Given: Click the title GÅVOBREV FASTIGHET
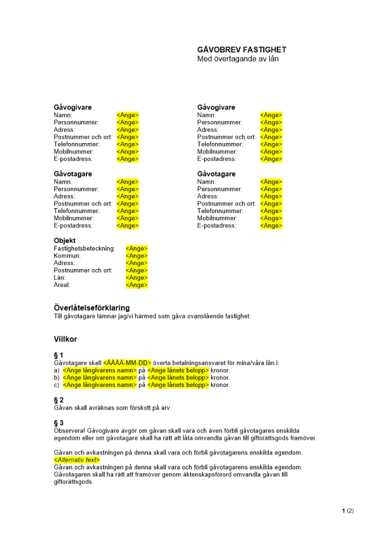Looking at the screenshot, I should pos(242,50).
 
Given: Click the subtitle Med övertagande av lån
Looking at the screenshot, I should pos(238,59).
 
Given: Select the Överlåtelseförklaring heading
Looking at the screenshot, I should pos(92,308).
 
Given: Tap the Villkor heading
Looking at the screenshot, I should pos(66,339).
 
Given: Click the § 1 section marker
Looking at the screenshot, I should pos(59,355).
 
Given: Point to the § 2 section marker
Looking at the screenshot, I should pos(59,400).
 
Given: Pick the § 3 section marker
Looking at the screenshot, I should pos(59,423).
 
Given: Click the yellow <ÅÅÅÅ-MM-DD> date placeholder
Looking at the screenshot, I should pos(127,363).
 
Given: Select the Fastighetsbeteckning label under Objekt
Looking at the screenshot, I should pos(84,248).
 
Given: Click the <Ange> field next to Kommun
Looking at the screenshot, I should pos(137,256).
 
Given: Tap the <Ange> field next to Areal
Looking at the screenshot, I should pos(137,285).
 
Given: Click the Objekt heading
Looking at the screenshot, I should pos(65,241).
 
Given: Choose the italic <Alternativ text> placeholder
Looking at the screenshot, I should pos(77,460).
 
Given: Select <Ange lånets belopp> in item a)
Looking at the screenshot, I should pos(178,370).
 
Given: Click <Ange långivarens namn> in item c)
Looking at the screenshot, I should pos(100,385).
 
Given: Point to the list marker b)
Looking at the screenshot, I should pos(57,378).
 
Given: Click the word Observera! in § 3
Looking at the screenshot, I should pos(70,430).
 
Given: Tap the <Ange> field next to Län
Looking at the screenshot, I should pos(137,278).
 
